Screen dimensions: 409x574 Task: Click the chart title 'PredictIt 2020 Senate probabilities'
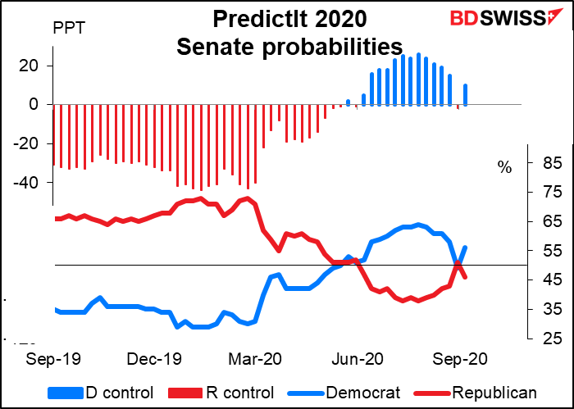pyautogui.click(x=289, y=32)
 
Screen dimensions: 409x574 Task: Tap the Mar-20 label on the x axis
pyautogui.click(x=256, y=358)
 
